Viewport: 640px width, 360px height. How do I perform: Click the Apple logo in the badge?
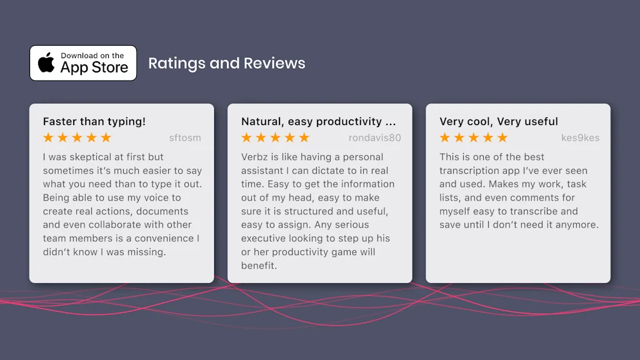point(46,62)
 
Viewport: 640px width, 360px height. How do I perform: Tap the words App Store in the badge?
point(94,67)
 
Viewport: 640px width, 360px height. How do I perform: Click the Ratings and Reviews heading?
point(226,63)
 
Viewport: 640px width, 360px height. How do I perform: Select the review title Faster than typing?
point(94,122)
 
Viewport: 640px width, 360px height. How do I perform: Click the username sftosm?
point(185,138)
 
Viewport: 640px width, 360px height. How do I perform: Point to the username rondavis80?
point(375,138)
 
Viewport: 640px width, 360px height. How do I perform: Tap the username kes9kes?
point(580,138)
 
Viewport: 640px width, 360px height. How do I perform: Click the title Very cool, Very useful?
point(498,122)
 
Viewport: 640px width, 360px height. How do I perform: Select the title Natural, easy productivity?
point(311,122)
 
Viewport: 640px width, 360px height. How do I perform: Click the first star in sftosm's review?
point(48,137)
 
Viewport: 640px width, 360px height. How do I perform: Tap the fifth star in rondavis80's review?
point(304,137)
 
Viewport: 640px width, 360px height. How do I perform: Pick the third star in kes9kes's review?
point(474,137)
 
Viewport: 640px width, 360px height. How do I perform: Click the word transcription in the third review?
point(471,171)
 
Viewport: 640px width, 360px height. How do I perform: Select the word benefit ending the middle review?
point(259,266)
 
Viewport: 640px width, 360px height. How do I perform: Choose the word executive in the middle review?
point(263,239)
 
